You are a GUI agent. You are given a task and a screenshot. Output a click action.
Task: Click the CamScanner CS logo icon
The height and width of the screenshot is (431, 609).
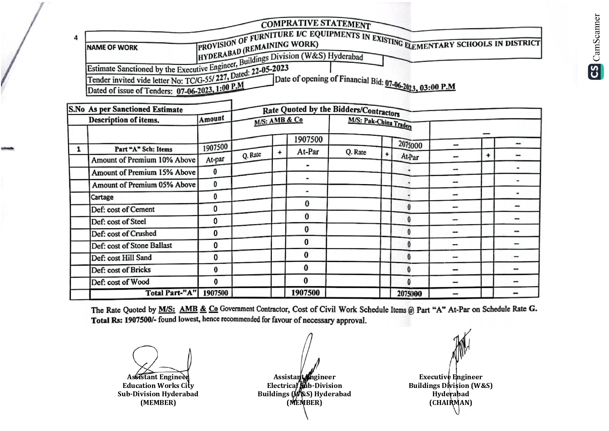pos(595,72)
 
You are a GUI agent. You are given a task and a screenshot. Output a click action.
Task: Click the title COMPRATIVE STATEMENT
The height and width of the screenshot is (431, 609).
pos(316,24)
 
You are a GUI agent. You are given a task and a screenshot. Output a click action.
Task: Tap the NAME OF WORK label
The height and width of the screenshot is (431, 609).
pos(112,48)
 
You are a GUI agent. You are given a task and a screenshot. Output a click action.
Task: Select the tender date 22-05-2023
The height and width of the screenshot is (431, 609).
pos(270,69)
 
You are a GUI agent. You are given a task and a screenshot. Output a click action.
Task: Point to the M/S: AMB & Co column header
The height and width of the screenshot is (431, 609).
pos(278,121)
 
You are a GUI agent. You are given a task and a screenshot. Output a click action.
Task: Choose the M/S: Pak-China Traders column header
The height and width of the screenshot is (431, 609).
pos(379,123)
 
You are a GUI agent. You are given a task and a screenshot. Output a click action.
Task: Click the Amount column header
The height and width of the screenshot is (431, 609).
pos(211,119)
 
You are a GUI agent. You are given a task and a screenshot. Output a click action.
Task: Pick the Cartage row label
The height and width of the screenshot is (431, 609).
pos(102,197)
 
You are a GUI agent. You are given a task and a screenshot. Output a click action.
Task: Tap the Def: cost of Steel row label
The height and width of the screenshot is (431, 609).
pos(118,222)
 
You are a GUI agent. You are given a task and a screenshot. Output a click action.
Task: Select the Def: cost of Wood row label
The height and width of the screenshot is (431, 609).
pos(120,282)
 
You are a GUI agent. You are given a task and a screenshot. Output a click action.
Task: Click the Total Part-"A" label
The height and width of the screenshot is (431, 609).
pos(171,293)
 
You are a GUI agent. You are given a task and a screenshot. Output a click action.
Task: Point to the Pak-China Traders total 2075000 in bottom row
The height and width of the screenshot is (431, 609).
pos(409,294)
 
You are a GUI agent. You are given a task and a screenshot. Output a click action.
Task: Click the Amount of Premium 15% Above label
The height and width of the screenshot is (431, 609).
pos(143,172)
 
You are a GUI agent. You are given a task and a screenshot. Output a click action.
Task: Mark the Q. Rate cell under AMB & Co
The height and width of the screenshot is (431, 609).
pos(252,155)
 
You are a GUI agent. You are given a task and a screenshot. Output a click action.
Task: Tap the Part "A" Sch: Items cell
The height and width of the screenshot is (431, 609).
pos(143,149)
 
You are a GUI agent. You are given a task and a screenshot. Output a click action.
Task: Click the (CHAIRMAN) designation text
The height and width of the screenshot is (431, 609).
pos(450,403)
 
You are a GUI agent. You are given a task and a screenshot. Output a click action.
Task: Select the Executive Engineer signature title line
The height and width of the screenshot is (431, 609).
pos(450,377)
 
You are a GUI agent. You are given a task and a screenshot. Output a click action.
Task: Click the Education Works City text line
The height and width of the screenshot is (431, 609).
pos(158,386)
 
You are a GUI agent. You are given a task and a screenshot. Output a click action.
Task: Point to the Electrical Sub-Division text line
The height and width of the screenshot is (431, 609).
pos(304,386)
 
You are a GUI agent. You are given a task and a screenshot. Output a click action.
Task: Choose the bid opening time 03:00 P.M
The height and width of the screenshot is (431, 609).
pos(437,87)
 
